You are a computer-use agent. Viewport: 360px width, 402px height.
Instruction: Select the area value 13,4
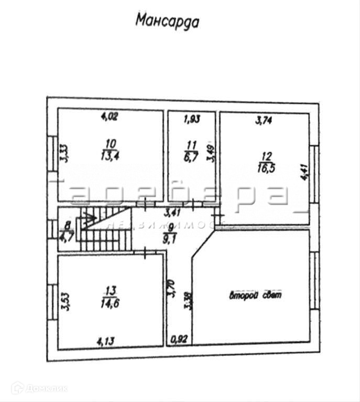coord(110,154)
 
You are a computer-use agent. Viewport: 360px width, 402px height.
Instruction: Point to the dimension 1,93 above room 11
coord(192,119)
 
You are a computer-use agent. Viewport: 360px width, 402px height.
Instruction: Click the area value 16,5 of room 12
coord(267,168)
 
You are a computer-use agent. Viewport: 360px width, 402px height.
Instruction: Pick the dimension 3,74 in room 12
coord(264,120)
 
